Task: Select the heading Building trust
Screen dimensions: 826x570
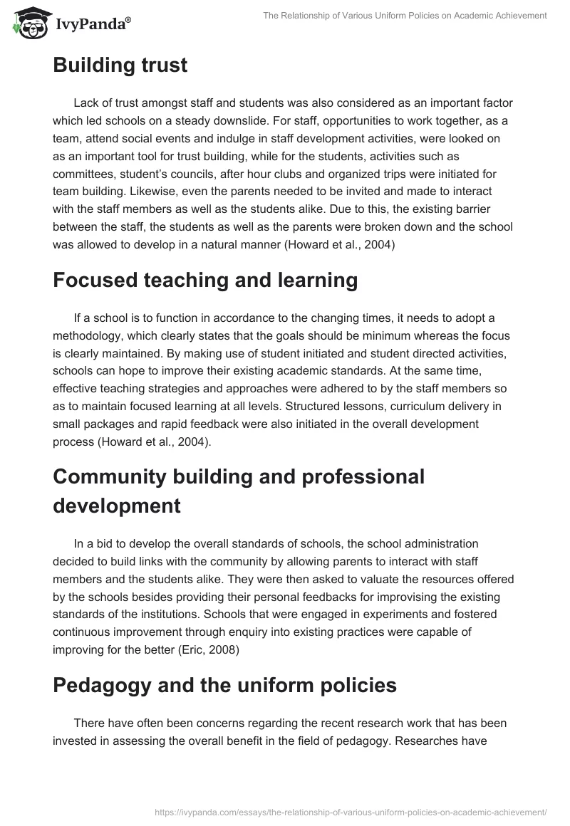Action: [120, 66]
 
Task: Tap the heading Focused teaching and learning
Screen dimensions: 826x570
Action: [205, 280]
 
